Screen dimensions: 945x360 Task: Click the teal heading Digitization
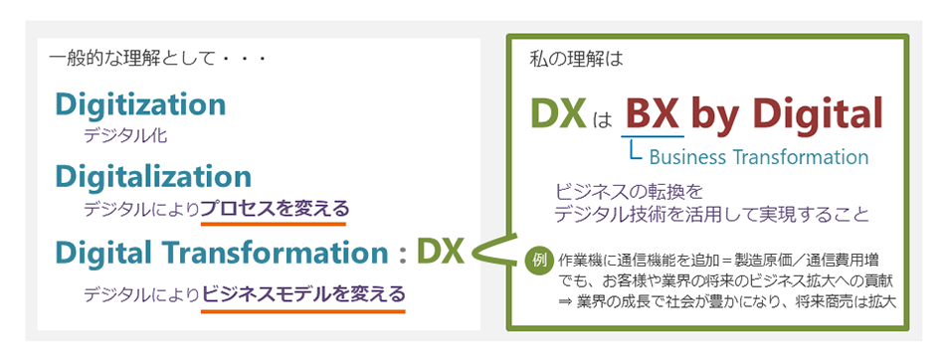point(140,104)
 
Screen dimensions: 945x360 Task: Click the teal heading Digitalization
point(153,177)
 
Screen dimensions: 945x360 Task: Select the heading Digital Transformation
point(225,253)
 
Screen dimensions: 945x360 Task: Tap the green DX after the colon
point(440,253)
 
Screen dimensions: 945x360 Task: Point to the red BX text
point(652,113)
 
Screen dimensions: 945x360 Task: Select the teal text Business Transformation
point(758,157)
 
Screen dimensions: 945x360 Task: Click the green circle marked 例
point(538,260)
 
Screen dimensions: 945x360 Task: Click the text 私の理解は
point(577,59)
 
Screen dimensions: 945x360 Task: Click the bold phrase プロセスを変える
point(274,209)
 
